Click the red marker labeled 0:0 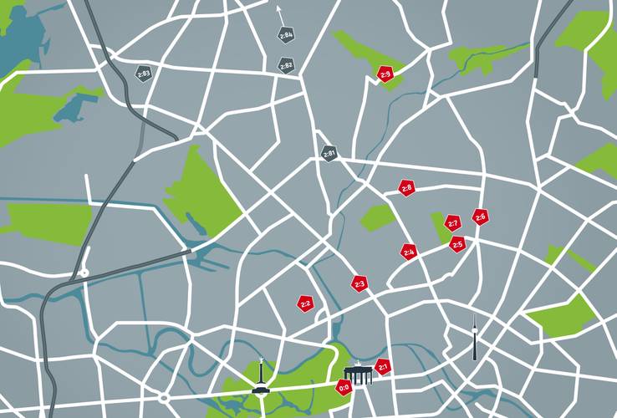(x=344, y=388)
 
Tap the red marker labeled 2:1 (x=383, y=366)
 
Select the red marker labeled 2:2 (x=305, y=303)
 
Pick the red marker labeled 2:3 (x=359, y=284)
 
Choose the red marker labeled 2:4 (x=409, y=252)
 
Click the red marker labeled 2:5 (x=456, y=245)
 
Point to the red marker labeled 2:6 (x=480, y=217)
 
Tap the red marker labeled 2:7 (x=452, y=223)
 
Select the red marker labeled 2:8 (x=407, y=188)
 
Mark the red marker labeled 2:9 (x=385, y=74)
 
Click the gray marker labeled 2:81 (x=329, y=154)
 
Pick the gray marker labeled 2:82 (x=286, y=64)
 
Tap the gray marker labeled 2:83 (x=144, y=74)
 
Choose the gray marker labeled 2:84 (x=286, y=35)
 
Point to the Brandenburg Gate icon (x=359, y=374)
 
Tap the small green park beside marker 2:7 (x=438, y=227)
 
